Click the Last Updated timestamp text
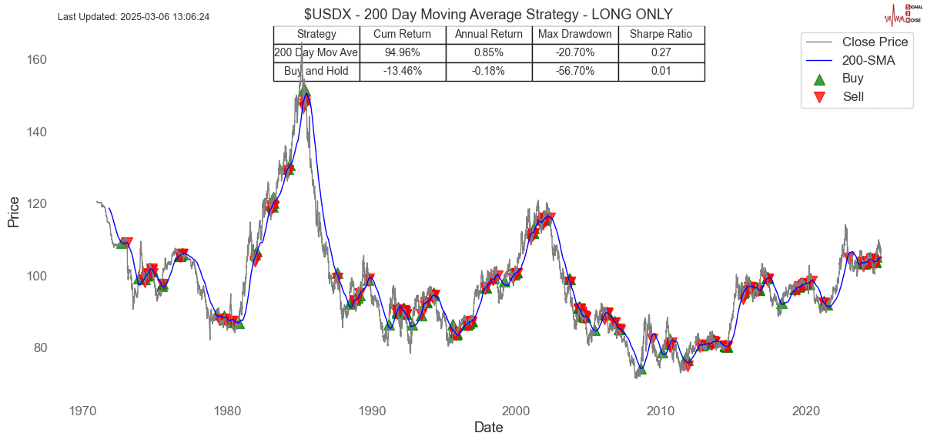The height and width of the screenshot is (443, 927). tap(134, 16)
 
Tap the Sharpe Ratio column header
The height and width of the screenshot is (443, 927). tap(661, 34)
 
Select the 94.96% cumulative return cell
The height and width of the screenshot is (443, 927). tap(402, 52)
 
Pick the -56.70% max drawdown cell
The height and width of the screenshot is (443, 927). tap(575, 71)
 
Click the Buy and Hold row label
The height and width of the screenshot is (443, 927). tap(316, 71)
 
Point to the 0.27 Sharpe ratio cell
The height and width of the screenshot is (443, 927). tap(661, 52)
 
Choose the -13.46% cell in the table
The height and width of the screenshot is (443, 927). tap(402, 71)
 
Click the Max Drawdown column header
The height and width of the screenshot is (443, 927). tap(575, 34)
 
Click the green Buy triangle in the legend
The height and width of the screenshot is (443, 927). tap(819, 79)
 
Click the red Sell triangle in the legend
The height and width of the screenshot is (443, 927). tap(819, 97)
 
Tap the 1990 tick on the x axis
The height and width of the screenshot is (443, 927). tap(371, 411)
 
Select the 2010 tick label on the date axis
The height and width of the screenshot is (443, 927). tap(661, 411)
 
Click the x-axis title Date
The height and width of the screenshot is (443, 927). tap(488, 428)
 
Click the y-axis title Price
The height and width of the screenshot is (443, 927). tap(13, 212)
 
